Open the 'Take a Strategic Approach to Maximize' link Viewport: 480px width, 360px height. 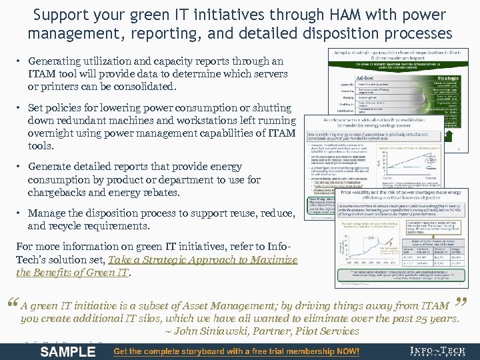pyautogui.click(x=203, y=260)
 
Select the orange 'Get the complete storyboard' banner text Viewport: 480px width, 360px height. pyautogui.click(x=237, y=351)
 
